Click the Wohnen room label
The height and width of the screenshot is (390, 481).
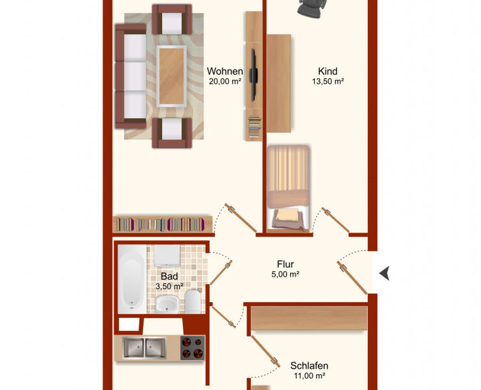[225, 71]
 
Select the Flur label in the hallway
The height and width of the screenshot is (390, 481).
[285, 265]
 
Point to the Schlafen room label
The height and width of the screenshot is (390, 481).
[309, 365]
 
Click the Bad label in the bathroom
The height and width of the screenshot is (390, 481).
[169, 276]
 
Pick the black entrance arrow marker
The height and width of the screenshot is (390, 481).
[384, 273]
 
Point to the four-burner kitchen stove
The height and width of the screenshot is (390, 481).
[192, 348]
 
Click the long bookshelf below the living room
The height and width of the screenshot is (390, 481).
[162, 224]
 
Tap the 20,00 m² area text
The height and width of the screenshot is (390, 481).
[225, 82]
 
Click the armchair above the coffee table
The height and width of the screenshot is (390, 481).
[172, 19]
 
